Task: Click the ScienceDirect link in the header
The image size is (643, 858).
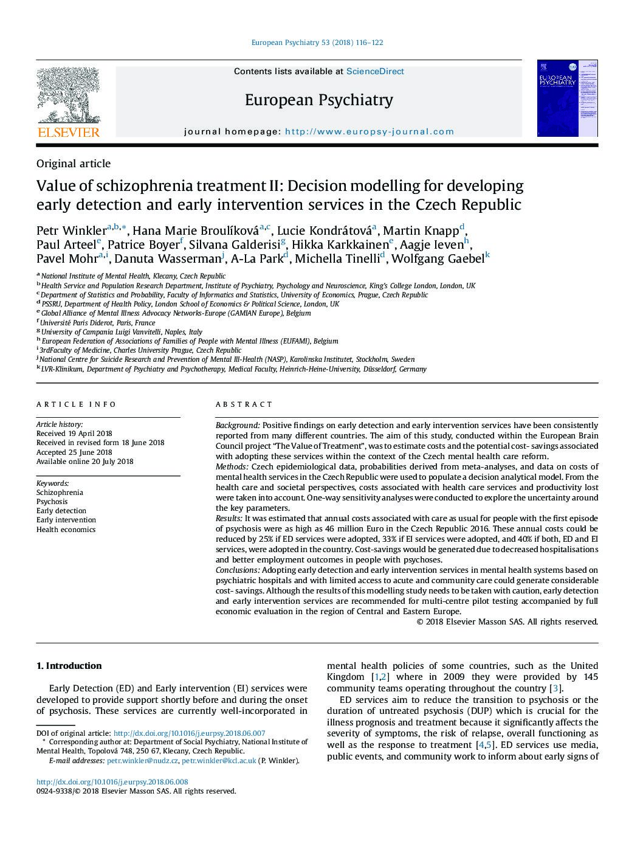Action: (x=375, y=71)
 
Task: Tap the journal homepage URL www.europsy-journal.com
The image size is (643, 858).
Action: (x=369, y=131)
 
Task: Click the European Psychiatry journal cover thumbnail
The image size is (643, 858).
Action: (x=567, y=99)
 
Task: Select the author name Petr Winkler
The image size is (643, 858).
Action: (x=71, y=230)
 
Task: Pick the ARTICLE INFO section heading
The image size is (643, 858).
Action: (x=76, y=404)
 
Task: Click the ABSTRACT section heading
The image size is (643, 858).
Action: (x=244, y=404)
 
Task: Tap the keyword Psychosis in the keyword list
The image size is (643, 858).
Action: (x=52, y=502)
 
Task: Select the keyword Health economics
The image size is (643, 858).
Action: (x=66, y=530)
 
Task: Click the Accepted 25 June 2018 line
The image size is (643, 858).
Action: (x=74, y=452)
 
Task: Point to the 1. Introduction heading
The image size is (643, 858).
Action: (x=69, y=666)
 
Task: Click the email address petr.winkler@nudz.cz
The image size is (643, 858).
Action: (x=142, y=761)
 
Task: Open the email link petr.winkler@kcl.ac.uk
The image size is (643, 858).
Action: (x=219, y=761)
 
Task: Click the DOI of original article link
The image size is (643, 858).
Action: (x=189, y=733)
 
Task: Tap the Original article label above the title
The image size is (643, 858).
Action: (x=74, y=164)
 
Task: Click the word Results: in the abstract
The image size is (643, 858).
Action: (x=229, y=518)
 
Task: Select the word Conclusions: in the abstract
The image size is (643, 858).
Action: (x=238, y=570)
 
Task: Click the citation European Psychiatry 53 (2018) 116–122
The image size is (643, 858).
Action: (x=317, y=43)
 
